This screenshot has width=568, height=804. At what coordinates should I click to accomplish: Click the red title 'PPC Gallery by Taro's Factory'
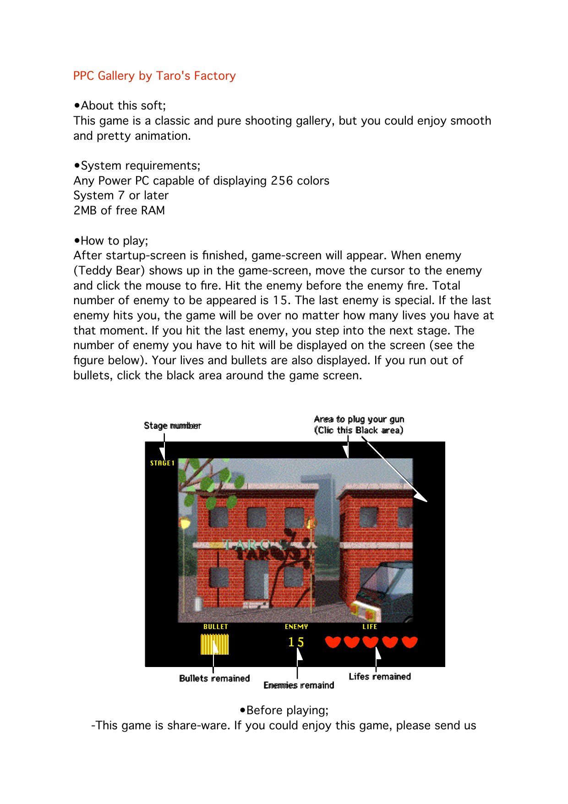[x=154, y=76]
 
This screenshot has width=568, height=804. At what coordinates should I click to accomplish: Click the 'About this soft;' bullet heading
[x=120, y=106]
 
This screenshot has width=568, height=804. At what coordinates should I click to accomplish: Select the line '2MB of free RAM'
[x=119, y=211]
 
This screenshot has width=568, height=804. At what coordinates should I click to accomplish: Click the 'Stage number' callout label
[x=172, y=426]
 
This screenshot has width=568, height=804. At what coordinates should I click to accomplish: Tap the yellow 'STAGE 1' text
[x=162, y=463]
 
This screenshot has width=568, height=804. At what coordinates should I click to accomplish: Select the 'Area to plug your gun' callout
[x=359, y=419]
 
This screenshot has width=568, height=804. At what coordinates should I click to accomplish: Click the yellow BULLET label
[x=216, y=627]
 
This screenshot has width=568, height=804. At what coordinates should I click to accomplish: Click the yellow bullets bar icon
[x=214, y=644]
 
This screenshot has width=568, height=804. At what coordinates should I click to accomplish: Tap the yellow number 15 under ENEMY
[x=296, y=642]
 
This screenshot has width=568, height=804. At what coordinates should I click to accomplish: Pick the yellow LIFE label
[x=370, y=627]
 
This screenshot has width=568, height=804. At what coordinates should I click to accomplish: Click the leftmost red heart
[x=333, y=642]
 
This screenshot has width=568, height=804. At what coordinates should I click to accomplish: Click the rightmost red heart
[x=410, y=642]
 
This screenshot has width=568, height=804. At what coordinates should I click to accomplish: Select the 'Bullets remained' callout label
[x=214, y=678]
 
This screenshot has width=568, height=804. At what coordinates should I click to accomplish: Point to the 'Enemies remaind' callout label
[x=299, y=685]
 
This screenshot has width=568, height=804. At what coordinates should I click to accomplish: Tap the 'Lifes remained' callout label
[x=380, y=677]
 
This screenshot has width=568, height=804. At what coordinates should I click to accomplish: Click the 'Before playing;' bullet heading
[x=284, y=711]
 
